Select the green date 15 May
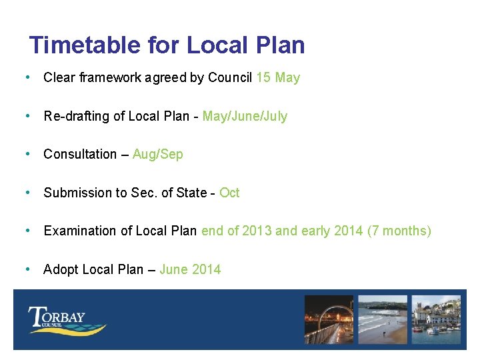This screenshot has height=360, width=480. click(278, 77)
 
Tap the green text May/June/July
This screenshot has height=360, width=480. click(245, 116)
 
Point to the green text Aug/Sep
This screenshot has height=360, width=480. click(157, 154)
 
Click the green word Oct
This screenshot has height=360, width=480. click(229, 193)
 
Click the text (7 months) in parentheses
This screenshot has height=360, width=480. click(399, 231)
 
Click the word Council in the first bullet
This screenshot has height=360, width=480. click(230, 77)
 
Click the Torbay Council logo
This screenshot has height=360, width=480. click(67, 320)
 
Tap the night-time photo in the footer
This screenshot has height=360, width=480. click(329, 320)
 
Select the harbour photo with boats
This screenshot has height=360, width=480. click(437, 320)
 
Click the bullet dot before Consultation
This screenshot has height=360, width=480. click(27, 154)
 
